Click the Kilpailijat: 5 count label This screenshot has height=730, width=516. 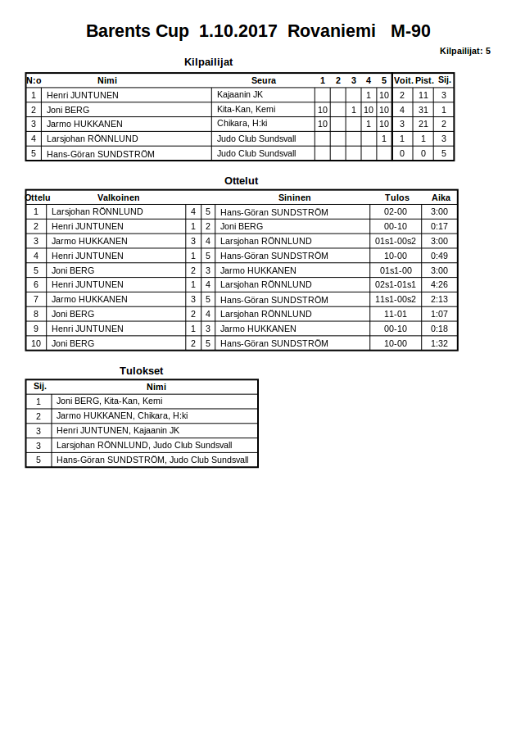464,51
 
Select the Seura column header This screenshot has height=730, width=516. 264,80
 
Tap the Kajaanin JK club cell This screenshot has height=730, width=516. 240,95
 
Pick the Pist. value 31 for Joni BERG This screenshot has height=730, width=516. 423,110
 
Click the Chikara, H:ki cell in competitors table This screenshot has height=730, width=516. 242,124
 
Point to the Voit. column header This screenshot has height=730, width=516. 403,80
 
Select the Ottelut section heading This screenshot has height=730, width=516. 242,180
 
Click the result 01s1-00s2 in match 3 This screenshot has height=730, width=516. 396,241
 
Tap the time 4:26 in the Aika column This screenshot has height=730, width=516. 440,284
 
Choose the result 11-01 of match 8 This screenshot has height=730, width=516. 396,314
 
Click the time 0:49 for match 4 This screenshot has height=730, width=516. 440,256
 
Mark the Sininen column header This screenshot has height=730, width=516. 294,197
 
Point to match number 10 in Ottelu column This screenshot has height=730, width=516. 36,343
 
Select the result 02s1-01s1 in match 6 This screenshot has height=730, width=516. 396,284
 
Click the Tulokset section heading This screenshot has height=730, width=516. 142,370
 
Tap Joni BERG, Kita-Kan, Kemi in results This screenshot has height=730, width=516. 109,401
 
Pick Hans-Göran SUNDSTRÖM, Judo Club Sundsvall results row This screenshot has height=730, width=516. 152,460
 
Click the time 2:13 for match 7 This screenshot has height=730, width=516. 440,299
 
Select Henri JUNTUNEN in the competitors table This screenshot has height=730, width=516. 83,95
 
